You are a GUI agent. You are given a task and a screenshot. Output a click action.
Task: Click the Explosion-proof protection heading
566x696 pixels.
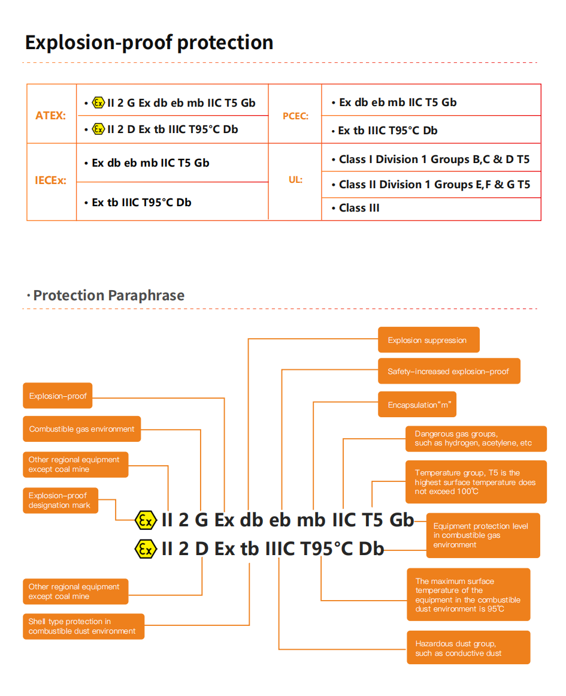(149, 43)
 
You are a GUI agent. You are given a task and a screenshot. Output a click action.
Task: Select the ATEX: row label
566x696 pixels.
(51, 116)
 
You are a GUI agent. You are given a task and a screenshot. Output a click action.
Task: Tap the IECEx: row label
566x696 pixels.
(51, 180)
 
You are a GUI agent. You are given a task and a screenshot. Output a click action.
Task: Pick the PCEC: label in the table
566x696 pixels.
(295, 116)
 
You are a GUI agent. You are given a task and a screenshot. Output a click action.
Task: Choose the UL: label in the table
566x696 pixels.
(295, 179)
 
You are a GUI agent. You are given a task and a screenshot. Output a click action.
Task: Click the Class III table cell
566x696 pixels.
(359, 208)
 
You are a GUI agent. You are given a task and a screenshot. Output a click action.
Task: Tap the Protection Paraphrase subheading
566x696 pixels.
(108, 296)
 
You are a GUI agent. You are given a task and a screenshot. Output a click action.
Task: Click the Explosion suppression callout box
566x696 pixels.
(428, 340)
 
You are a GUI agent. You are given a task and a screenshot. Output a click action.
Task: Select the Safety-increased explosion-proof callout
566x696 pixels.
(449, 371)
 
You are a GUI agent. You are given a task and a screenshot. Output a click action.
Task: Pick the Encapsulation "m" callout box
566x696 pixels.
(417, 405)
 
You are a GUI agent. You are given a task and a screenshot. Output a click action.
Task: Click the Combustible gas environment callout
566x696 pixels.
(82, 429)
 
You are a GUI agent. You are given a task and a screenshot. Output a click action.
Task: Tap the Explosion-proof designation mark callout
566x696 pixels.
(60, 501)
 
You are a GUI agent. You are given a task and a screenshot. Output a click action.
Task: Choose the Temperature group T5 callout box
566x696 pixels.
(476, 482)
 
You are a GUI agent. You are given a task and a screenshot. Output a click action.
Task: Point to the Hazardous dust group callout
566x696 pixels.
(468, 648)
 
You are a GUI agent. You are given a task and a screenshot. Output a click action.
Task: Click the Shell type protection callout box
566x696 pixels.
(83, 626)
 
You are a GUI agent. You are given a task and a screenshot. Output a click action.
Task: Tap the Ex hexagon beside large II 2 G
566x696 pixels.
(146, 520)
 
